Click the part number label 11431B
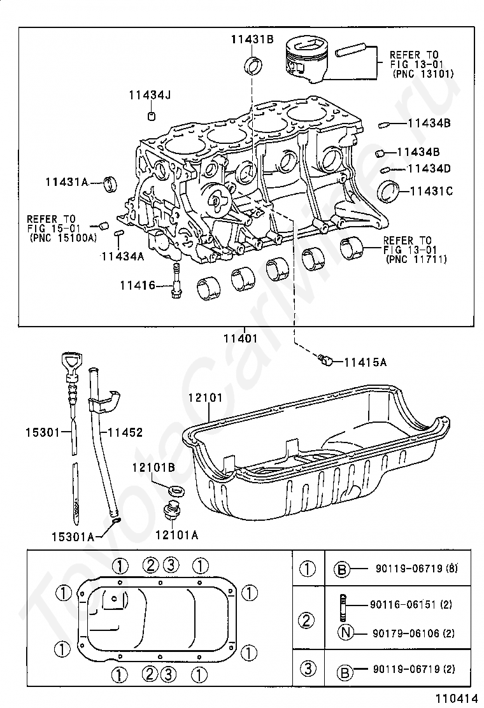tap(252, 39)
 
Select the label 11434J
tap(150, 96)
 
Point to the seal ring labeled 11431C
tap(388, 192)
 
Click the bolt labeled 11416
tap(176, 280)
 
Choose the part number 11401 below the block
tap(240, 337)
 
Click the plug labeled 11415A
tap(325, 361)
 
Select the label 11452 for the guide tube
tap(125, 432)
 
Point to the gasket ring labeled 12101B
tap(176, 490)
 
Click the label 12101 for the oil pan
tap(206, 398)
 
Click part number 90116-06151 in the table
tap(411, 605)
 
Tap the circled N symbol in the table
tap(345, 633)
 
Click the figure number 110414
tap(457, 698)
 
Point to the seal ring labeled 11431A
tap(110, 183)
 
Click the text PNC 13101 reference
tap(423, 74)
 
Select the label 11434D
tap(429, 169)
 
